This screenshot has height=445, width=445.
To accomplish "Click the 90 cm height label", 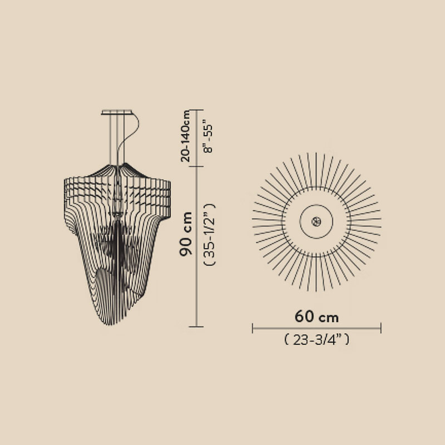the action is click(186, 234).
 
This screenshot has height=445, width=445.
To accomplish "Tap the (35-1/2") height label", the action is click(210, 234).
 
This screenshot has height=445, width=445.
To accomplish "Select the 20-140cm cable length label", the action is click(186, 136).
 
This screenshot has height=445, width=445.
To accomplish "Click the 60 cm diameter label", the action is click(317, 316).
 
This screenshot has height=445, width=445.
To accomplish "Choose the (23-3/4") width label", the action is click(317, 339).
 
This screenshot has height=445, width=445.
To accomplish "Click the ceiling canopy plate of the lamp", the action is click(117, 112).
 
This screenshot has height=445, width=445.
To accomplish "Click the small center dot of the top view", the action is click(316, 221).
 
